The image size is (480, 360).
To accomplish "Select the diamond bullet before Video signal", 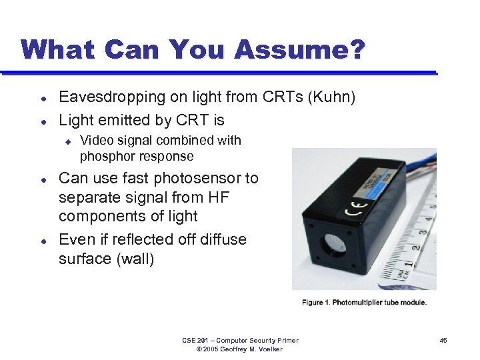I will (67, 141).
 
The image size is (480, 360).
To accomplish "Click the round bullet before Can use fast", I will (43, 179).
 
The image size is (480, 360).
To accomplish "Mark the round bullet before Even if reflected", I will (43, 240).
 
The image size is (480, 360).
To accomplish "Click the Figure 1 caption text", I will (364, 302).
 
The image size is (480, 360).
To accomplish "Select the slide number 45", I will (443, 341).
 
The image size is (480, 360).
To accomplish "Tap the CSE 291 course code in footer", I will (193, 341).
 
